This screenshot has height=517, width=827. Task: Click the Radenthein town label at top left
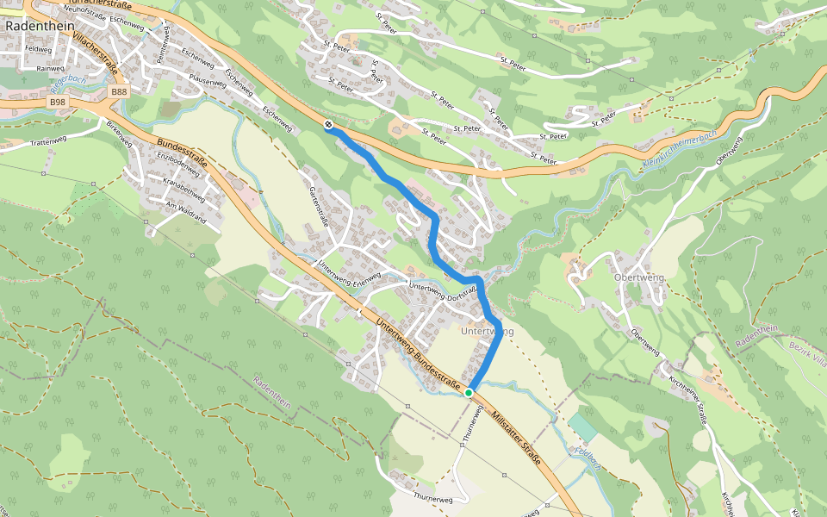[x=38, y=26]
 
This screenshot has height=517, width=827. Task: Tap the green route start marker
[x=469, y=393]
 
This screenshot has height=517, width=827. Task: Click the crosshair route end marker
[x=329, y=126]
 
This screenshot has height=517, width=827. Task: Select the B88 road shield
[x=119, y=90]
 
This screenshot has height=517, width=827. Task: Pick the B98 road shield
[x=58, y=102]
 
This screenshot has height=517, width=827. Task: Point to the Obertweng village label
[x=638, y=278]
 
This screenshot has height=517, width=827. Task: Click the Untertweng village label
[x=487, y=331]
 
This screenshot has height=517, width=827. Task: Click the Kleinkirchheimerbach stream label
[x=680, y=147]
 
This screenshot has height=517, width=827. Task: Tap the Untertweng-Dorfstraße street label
[x=443, y=291]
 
